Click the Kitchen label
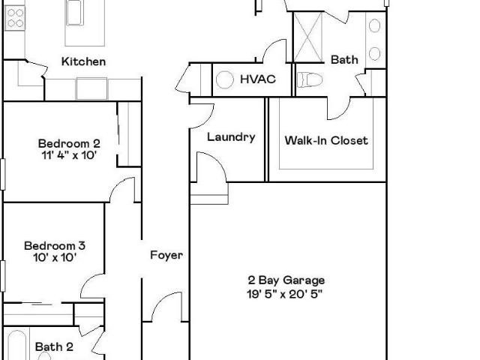[83, 61]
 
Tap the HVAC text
[258, 79]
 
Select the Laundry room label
[231, 136]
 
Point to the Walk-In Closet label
[326, 140]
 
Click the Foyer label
[166, 255]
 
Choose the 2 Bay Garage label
[286, 280]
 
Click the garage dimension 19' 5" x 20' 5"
[285, 294]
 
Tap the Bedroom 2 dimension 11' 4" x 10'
[69, 155]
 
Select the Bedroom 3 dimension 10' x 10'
[55, 257]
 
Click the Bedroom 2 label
[69, 143]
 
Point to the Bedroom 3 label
[55, 246]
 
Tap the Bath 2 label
[54, 346]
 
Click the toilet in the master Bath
[310, 80]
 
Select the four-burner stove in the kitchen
[15, 18]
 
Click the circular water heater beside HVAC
[225, 79]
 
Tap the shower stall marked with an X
[308, 37]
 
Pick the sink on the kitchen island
[75, 12]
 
